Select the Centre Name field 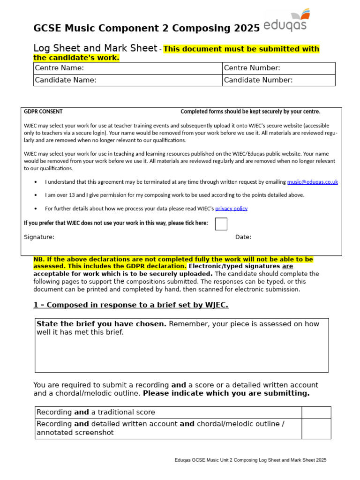(x=127, y=68)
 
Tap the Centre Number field (x=278, y=68)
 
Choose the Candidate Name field (x=127, y=80)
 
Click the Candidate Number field (x=278, y=80)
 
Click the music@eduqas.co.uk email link (x=313, y=182)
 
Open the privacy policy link (x=231, y=209)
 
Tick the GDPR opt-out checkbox (x=221, y=224)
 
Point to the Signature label (x=39, y=237)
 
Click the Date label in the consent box (x=243, y=237)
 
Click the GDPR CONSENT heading (x=43, y=112)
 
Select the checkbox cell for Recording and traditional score (x=316, y=412)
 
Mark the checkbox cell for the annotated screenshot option (x=316, y=428)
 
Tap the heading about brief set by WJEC (x=131, y=305)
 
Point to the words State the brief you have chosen (x=101, y=324)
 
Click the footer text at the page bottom (x=250, y=460)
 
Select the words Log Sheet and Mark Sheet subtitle (x=95, y=49)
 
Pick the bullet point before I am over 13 (x=36, y=195)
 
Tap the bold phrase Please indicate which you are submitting (x=226, y=393)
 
